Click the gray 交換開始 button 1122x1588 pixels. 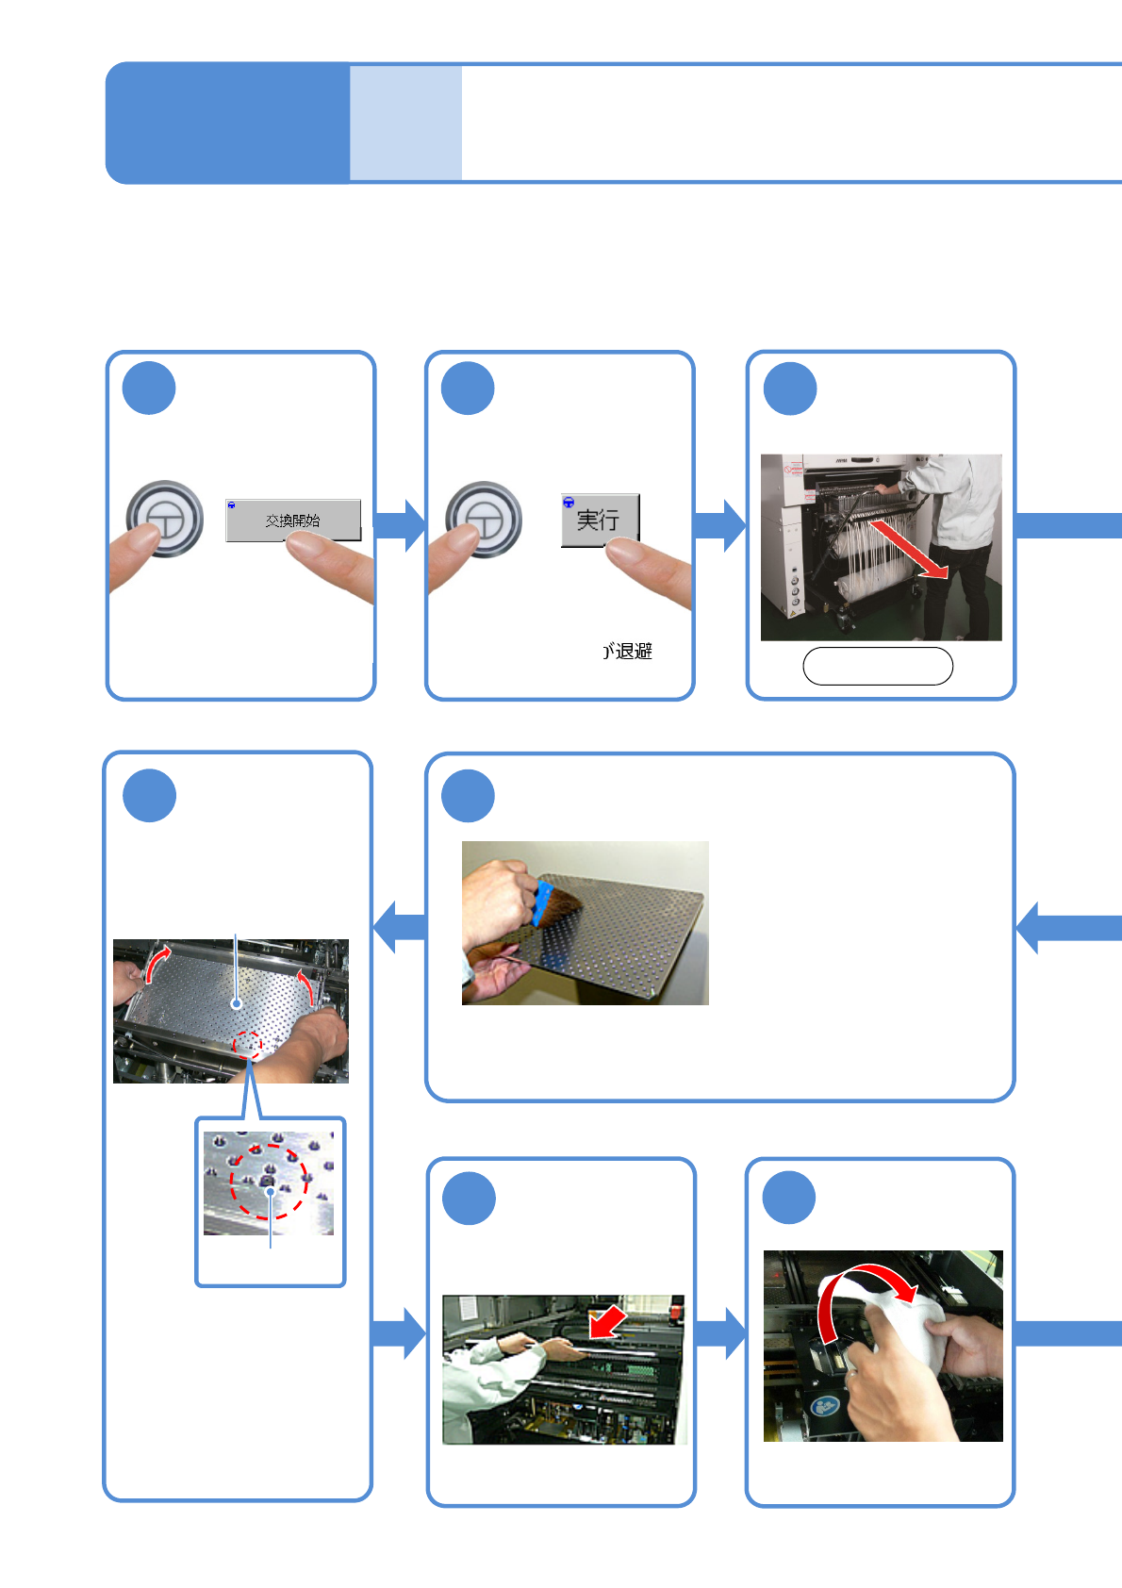pos(293,520)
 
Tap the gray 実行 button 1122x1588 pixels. pos(600,520)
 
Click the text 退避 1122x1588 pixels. pos(634,652)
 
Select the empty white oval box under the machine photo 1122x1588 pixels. pos(878,666)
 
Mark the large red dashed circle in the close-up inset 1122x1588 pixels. pos(270,1181)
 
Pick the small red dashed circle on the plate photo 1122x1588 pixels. pos(247,1044)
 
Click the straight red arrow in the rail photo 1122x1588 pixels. pos(608,1321)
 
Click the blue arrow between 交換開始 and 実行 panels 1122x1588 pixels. pos(400,525)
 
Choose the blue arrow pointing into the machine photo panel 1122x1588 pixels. pos(719,525)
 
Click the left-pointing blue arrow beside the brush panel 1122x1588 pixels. pos(400,926)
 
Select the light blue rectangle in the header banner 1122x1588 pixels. pos(405,123)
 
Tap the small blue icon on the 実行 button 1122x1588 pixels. pos(569,503)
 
